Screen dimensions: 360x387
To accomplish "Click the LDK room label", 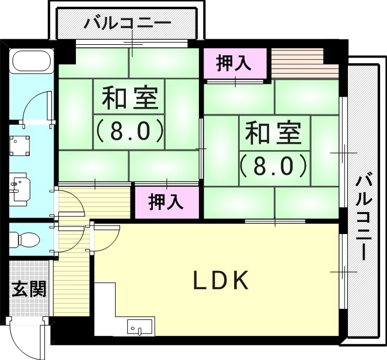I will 220,280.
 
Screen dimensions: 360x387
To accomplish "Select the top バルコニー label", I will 127,24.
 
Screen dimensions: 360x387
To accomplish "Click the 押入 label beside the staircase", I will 234,63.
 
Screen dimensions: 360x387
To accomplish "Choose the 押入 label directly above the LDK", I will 166,202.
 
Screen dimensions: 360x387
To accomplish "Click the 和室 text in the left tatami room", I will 129,99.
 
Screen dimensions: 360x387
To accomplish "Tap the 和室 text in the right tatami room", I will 273,133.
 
